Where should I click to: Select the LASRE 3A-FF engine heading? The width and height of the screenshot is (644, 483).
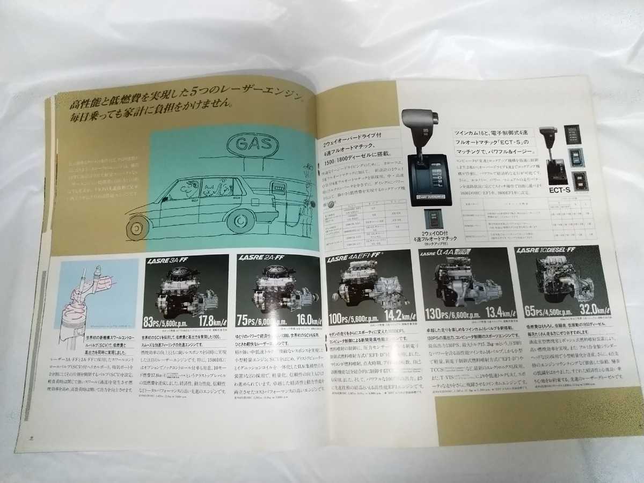pyautogui.click(x=166, y=262)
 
